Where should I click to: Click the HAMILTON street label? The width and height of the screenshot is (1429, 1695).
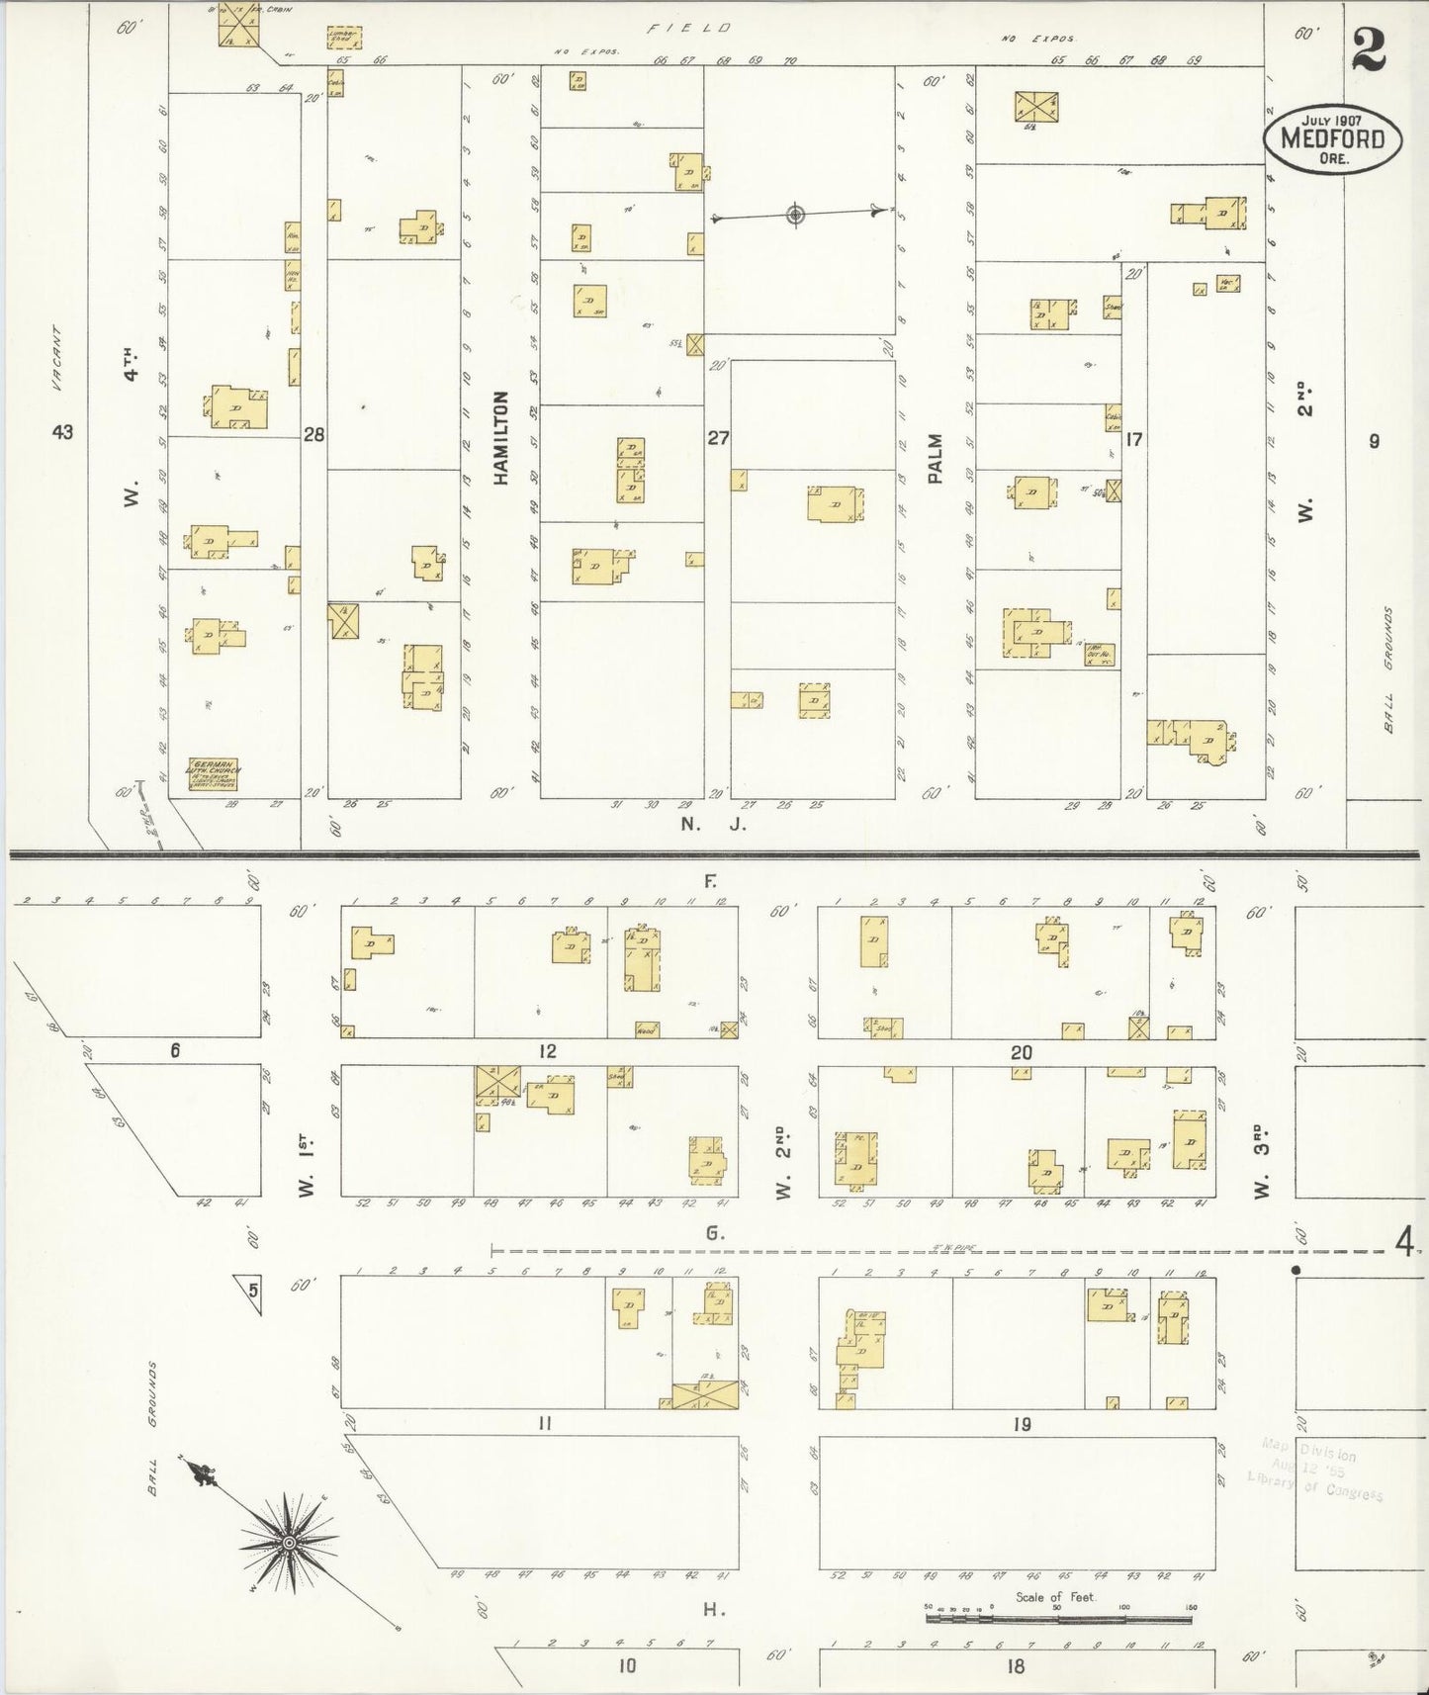501,437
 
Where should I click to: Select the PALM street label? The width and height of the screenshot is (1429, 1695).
936,459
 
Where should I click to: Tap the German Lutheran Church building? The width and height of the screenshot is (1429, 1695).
215,774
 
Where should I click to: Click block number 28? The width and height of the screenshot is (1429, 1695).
314,433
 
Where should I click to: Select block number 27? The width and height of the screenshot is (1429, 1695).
717,437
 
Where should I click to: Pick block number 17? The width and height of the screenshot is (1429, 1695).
1133,439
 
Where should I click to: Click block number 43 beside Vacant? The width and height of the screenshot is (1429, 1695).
63,432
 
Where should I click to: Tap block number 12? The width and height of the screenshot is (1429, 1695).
547,1051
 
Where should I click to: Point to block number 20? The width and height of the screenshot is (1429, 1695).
1021,1053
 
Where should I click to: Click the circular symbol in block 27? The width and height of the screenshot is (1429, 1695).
794,215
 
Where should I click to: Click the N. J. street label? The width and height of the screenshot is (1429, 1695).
712,823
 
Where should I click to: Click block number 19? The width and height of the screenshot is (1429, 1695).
1022,1424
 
